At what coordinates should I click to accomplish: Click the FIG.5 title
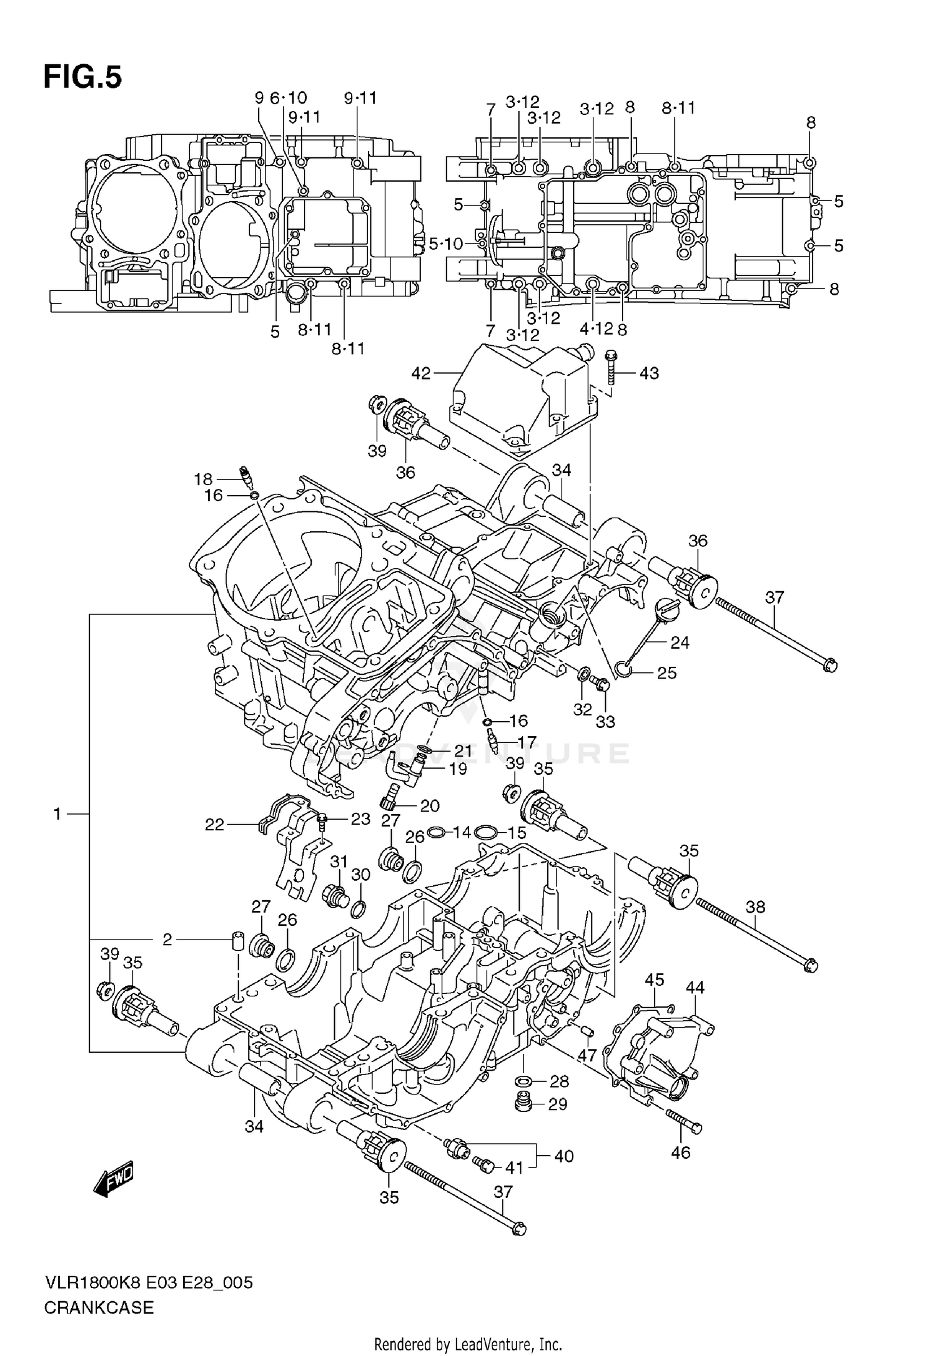pos(82,77)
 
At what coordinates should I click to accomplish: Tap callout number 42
pos(422,373)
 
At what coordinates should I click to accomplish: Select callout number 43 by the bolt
pos(649,373)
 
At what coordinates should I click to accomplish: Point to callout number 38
pos(755,906)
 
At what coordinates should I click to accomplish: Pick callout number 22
pos(214,825)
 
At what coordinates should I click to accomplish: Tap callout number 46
pos(680,1152)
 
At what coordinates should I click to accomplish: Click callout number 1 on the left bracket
pos(57,814)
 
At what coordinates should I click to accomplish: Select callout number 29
pos(557,1104)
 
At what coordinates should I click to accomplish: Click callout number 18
pos(203,479)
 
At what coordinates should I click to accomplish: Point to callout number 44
pos(695,988)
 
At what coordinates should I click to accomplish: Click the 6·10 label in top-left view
pos(289,98)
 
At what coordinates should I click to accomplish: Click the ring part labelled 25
pos(623,669)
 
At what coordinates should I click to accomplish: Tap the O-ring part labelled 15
pos(485,832)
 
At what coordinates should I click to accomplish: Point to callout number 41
pos(513,1167)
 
